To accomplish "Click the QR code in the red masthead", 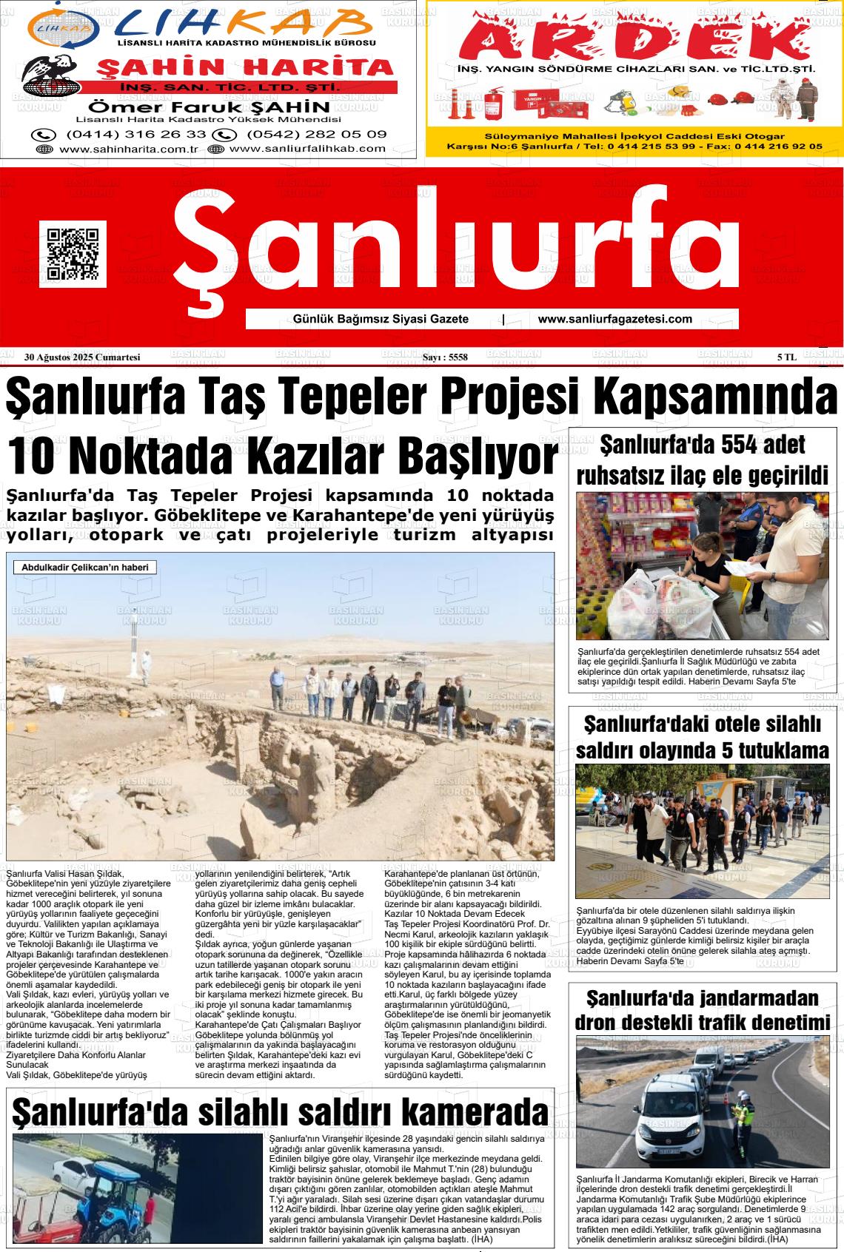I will tap(73, 254).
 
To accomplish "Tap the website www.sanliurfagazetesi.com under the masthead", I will tap(614, 319).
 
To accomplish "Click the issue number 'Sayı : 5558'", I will tap(444, 357).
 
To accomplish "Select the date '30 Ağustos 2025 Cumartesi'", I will tap(82, 357).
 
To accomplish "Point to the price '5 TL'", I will tap(786, 357).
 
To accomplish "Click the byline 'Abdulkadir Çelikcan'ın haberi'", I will tap(85, 568).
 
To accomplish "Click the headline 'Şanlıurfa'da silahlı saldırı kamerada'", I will tap(281, 1112).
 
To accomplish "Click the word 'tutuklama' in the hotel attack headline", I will tap(775, 750).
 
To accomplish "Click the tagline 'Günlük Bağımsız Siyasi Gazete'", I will tap(381, 319).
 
